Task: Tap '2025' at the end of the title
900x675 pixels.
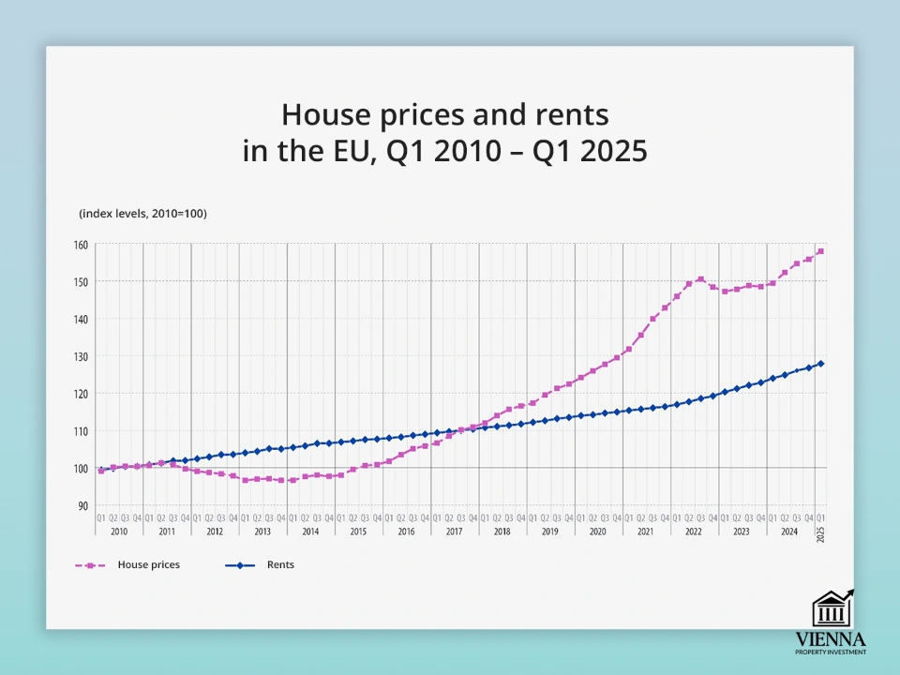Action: point(615,151)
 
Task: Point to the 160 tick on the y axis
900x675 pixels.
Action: point(81,245)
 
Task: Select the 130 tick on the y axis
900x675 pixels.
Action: point(81,356)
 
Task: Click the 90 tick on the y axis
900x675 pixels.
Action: point(82,506)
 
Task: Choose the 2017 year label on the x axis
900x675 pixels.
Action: point(454,532)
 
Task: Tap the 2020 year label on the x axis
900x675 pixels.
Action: point(597,532)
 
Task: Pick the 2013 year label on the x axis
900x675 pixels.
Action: point(262,532)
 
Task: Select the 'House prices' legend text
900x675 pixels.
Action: point(148,565)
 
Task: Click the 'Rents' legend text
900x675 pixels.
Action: point(280,565)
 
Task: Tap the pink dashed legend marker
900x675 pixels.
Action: point(91,565)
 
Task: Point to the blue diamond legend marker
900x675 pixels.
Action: point(240,565)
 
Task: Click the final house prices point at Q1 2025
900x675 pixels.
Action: point(820,251)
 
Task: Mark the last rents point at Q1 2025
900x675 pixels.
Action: point(820,364)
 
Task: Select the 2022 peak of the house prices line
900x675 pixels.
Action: point(700,279)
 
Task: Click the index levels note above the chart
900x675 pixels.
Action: point(142,214)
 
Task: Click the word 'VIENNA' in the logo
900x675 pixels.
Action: point(831,638)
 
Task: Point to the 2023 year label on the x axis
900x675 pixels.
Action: point(742,532)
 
